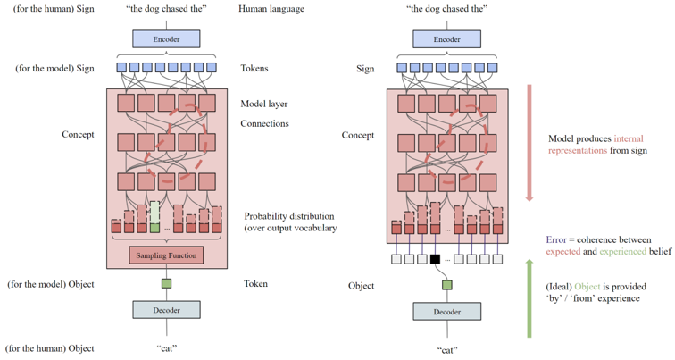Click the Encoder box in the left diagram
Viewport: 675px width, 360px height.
[166, 39]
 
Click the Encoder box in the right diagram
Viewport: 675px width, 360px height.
[446, 39]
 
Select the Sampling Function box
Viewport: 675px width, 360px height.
[166, 255]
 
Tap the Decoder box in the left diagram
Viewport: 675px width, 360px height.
[166, 310]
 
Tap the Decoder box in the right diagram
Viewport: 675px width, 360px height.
[446, 312]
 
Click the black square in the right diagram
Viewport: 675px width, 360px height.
[435, 259]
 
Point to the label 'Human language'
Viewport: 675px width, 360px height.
[271, 9]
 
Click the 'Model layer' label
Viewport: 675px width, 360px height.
[264, 104]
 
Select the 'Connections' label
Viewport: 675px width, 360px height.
[264, 123]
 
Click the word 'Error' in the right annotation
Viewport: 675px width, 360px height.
[557, 239]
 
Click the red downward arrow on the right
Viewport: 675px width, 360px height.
[529, 143]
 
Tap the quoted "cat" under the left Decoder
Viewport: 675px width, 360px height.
[166, 348]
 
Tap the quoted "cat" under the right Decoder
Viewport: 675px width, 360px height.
[446, 350]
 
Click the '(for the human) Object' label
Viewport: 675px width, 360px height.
[49, 348]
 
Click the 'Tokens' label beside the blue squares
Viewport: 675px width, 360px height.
[254, 68]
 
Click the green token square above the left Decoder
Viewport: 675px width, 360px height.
[166, 284]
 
